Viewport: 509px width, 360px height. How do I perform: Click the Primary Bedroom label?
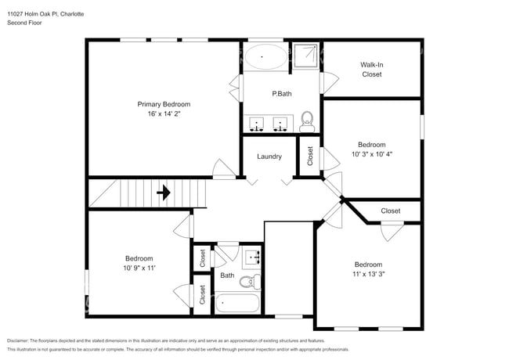(164, 104)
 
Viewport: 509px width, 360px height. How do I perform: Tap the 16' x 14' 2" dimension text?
(164, 114)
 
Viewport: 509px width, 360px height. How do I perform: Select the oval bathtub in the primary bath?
(265, 56)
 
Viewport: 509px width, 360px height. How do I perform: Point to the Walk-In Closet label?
(371, 70)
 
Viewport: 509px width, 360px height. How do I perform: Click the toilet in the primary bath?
(307, 121)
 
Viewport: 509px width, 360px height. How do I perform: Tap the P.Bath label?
(282, 94)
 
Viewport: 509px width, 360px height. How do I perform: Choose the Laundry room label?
(269, 157)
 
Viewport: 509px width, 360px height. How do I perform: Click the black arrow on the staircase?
(164, 192)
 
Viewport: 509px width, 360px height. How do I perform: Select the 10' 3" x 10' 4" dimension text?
(371, 154)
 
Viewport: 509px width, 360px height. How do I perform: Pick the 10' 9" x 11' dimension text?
(139, 268)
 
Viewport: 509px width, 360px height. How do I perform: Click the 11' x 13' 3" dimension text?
(368, 275)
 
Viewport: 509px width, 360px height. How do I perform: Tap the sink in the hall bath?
(253, 256)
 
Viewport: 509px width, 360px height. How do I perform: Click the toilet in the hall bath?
(248, 281)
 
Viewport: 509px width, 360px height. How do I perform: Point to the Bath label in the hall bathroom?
(226, 275)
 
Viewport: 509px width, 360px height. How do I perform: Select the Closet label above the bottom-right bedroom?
(390, 211)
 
